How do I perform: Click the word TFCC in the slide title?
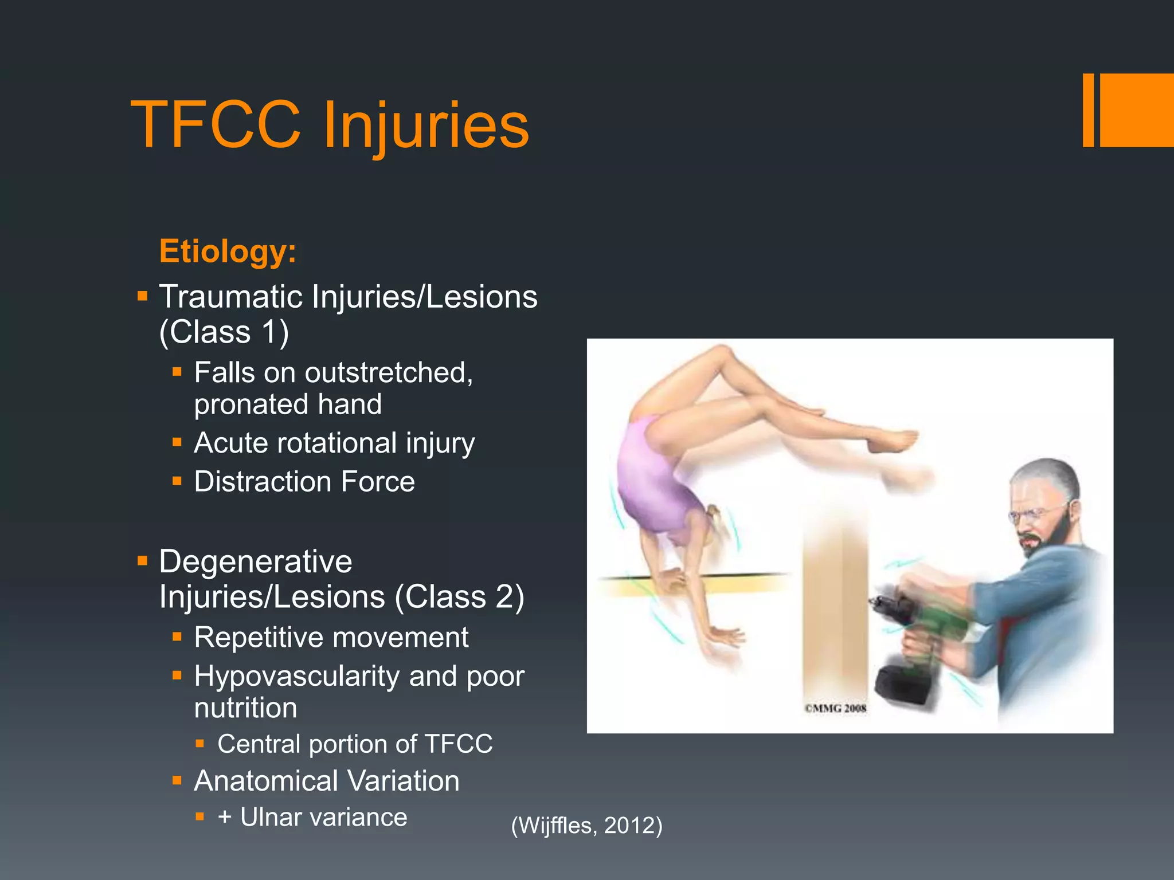[216, 125]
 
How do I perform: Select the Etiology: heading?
[228, 251]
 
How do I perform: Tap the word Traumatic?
[230, 297]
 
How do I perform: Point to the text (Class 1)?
[224, 332]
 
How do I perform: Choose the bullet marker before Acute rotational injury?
[177, 442]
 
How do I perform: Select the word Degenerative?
[256, 561]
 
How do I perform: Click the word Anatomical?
[265, 781]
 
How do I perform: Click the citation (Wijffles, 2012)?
[586, 826]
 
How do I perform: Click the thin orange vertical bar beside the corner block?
[1088, 110]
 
